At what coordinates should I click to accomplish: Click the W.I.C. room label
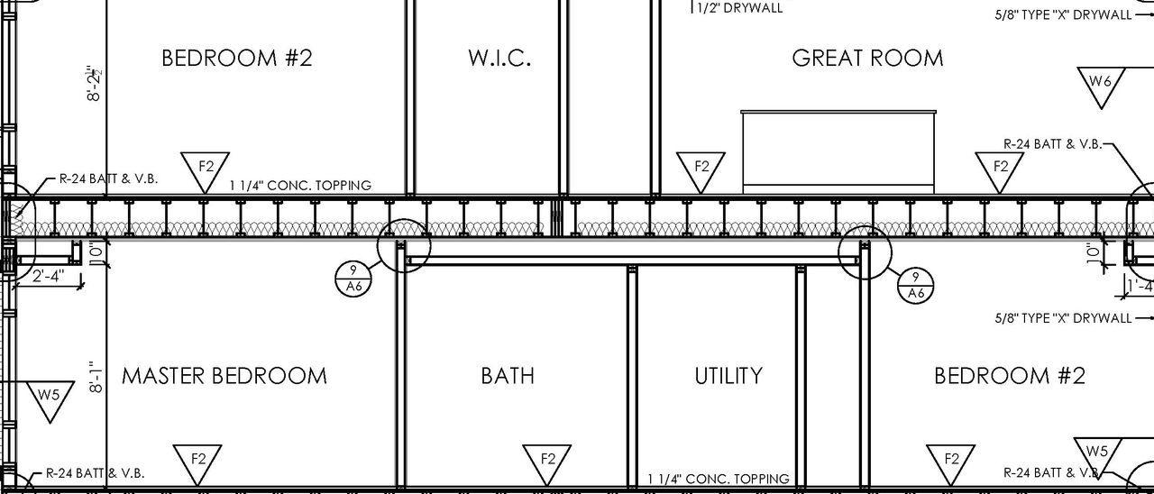point(499,59)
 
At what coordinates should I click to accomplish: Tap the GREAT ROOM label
point(867,59)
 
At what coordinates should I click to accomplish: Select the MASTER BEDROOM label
point(224,376)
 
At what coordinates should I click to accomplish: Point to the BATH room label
point(508,376)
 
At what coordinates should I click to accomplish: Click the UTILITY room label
point(728,376)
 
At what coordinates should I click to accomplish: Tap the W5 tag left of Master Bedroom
point(50,398)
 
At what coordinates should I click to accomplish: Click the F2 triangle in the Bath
point(547,461)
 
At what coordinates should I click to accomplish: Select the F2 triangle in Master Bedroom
point(197,461)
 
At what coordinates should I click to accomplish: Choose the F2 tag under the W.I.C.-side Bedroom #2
point(206,169)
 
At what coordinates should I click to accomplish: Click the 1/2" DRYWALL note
point(737,8)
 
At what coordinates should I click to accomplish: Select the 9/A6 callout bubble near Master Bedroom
point(352,279)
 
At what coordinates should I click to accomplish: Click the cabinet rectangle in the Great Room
point(838,151)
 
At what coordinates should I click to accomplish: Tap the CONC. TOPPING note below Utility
point(719,479)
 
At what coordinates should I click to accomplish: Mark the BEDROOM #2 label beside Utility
point(1010,376)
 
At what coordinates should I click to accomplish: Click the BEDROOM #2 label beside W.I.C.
point(236,59)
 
